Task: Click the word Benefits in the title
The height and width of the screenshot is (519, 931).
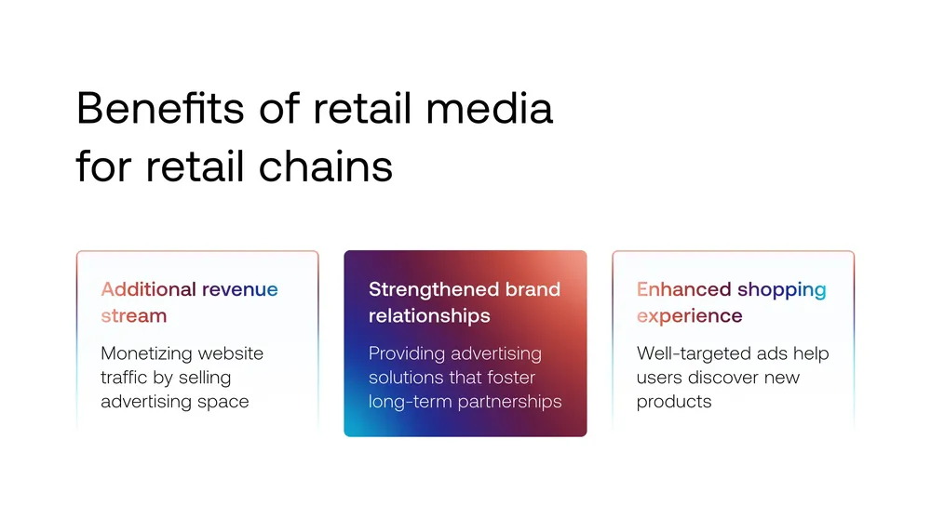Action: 160,108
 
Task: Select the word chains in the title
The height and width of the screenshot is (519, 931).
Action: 325,166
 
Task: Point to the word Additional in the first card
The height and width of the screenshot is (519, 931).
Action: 148,289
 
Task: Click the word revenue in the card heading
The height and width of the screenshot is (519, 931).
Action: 240,289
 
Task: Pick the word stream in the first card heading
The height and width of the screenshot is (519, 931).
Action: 133,315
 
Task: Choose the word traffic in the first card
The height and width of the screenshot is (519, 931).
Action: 124,378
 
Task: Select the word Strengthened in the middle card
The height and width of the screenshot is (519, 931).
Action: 434,289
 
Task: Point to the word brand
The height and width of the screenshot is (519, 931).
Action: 533,289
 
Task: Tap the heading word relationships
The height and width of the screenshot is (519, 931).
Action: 429,315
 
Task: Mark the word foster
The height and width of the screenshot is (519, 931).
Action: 511,378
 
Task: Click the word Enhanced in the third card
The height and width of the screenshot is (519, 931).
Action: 684,289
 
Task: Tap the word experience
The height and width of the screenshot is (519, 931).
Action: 689,316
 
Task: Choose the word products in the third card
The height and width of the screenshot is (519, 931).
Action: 674,402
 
